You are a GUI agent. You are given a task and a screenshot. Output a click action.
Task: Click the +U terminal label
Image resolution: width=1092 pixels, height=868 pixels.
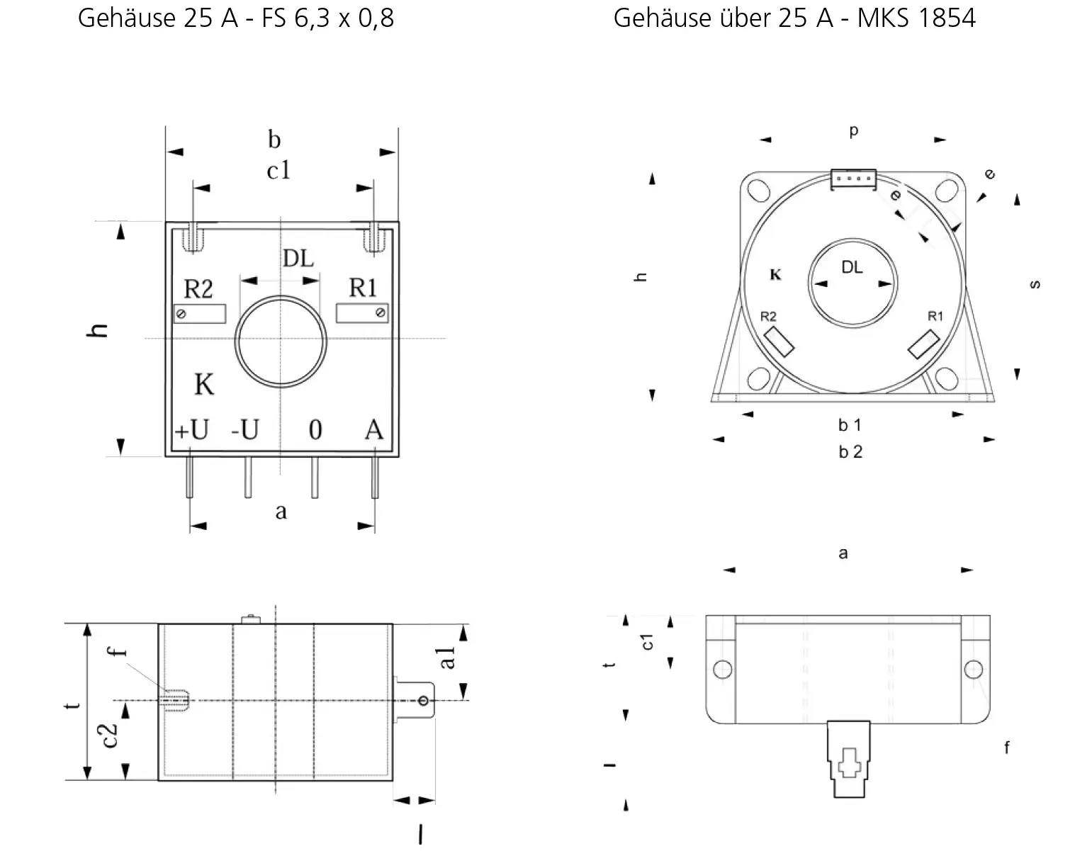[x=192, y=430]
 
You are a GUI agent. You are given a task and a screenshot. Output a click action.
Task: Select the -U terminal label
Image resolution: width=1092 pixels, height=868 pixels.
[x=245, y=430]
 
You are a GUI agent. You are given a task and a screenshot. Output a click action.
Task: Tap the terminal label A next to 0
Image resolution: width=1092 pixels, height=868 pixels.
[x=374, y=430]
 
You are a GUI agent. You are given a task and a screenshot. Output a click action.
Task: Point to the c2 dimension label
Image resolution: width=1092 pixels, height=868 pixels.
[x=109, y=735]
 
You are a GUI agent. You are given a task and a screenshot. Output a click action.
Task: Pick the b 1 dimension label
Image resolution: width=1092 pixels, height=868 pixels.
[x=850, y=425]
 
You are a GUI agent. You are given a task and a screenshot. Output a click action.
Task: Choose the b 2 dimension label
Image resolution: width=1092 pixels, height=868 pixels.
[x=850, y=452]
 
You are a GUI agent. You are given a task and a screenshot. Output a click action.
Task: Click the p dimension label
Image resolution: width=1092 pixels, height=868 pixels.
[x=854, y=131]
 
